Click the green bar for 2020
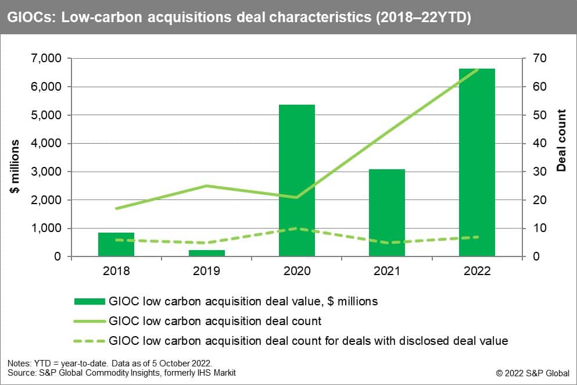[x=296, y=180]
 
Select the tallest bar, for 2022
[x=477, y=162]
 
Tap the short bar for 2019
[x=206, y=253]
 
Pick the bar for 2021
[x=386, y=213]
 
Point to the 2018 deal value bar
[x=116, y=244]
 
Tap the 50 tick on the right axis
[x=533, y=115]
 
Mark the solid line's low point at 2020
[x=297, y=197]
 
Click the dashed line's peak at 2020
[x=297, y=228]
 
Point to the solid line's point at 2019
[x=206, y=186]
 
